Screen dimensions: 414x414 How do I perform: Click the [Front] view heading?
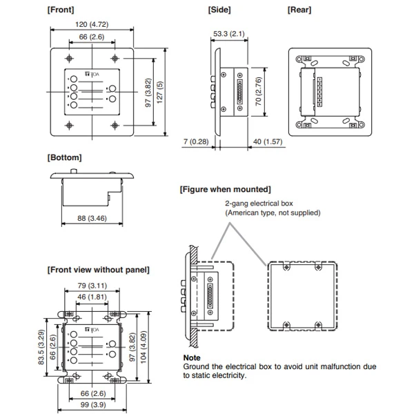[61, 10]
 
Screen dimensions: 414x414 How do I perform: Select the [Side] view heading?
[219, 10]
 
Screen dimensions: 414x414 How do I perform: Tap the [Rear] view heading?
[299, 10]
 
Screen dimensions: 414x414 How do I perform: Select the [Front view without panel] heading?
[98, 269]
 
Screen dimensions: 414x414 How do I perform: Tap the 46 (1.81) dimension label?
[88, 296]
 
